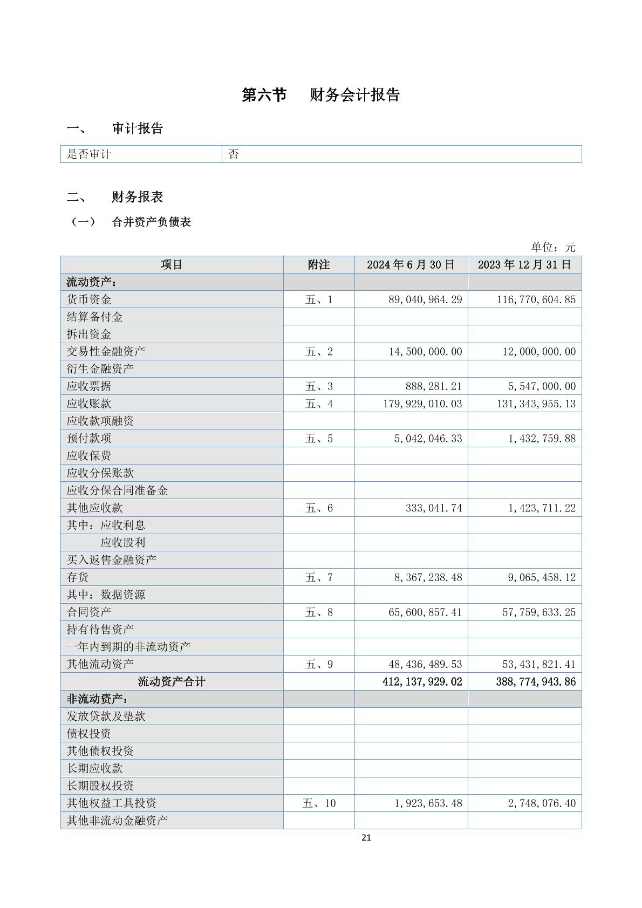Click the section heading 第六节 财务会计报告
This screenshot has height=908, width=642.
click(x=320, y=95)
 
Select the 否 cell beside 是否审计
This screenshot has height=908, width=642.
click(x=234, y=154)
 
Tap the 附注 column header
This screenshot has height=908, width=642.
click(x=318, y=265)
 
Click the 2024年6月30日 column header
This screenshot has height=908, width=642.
click(x=411, y=265)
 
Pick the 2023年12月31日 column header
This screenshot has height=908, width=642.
click(x=524, y=265)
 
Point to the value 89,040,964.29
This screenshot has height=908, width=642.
click(x=425, y=299)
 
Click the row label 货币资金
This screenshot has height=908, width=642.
click(x=89, y=299)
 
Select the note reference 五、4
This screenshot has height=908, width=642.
click(x=319, y=404)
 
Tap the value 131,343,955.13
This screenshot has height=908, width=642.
click(x=536, y=404)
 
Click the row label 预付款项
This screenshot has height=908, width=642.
click(x=89, y=439)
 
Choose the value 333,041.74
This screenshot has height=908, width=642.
click(x=434, y=508)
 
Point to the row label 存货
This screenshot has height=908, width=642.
click(x=78, y=577)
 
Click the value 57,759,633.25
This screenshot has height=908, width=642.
click(x=538, y=612)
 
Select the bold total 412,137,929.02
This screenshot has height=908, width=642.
click(x=422, y=681)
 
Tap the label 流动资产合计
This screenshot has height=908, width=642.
click(x=172, y=681)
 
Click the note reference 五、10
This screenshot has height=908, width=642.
click(x=319, y=803)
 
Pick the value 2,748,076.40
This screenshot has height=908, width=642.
click(x=542, y=803)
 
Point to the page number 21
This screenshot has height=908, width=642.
click(x=366, y=837)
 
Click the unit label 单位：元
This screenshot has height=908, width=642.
click(x=553, y=247)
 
